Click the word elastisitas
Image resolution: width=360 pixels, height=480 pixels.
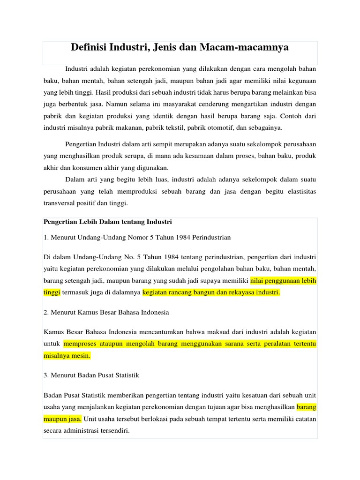coord(298,191)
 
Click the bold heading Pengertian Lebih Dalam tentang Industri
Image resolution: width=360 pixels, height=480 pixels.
coord(108,221)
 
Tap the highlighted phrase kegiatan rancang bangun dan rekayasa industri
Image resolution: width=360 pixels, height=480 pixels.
coord(211,292)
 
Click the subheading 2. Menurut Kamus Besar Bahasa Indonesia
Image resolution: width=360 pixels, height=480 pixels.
coord(106,312)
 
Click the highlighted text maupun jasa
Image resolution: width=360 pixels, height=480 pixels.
coord(62,418)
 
